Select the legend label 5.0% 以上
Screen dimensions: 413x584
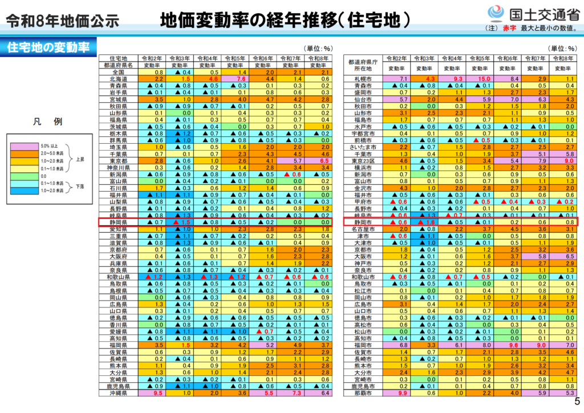point(49,146)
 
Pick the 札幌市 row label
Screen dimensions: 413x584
point(363,79)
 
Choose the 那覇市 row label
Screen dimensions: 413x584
point(363,393)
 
